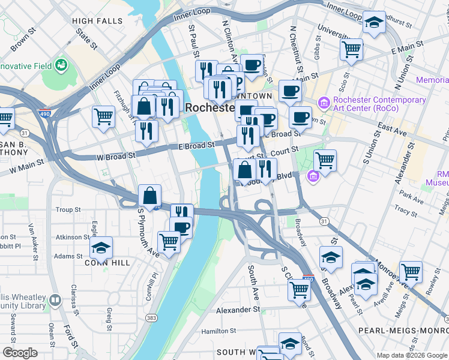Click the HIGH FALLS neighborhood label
coord(97,21)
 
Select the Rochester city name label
coord(209,107)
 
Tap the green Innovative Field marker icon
coord(60,64)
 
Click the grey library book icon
coord(55,299)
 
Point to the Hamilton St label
coord(218,331)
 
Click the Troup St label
coord(68,210)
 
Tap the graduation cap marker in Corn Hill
coord(101,247)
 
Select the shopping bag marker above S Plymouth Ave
coord(149,195)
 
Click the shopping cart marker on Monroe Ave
coord(411,271)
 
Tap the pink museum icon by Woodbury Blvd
coord(313,176)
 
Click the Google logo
coord(20,353)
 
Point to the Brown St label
coord(20,41)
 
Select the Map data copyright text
coord(411,355)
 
